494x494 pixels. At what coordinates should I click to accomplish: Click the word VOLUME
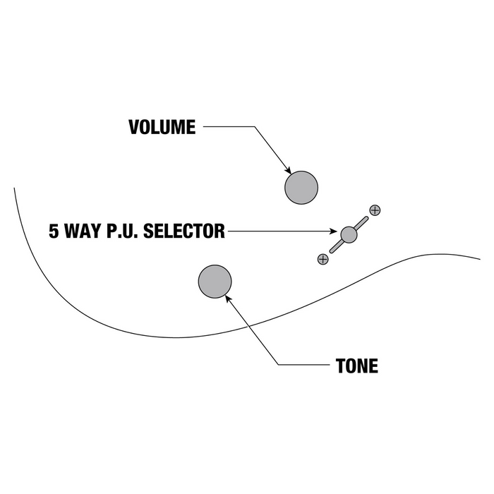click(x=162, y=128)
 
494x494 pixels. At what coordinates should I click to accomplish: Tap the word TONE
click(x=356, y=366)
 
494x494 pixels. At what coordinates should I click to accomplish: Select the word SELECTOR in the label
click(x=184, y=231)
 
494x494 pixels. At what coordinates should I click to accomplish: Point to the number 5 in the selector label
click(x=54, y=231)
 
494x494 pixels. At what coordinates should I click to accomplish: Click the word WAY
click(x=80, y=231)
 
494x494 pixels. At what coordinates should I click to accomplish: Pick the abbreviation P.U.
click(x=120, y=231)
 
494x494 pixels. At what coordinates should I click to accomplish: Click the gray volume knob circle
click(x=301, y=188)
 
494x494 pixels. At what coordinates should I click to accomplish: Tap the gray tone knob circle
click(x=215, y=281)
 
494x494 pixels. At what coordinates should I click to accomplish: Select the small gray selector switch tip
click(x=349, y=234)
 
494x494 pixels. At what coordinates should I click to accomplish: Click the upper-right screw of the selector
click(x=375, y=210)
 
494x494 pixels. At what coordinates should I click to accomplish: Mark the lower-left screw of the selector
click(x=323, y=259)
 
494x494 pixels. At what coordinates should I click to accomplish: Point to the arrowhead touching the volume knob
click(x=288, y=170)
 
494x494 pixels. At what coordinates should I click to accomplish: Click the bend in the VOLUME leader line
click(x=252, y=127)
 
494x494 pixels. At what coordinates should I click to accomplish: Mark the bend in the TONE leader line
click(x=278, y=365)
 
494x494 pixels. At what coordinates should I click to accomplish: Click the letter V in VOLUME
click(x=134, y=128)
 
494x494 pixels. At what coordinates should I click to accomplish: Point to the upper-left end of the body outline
click(x=14, y=188)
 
